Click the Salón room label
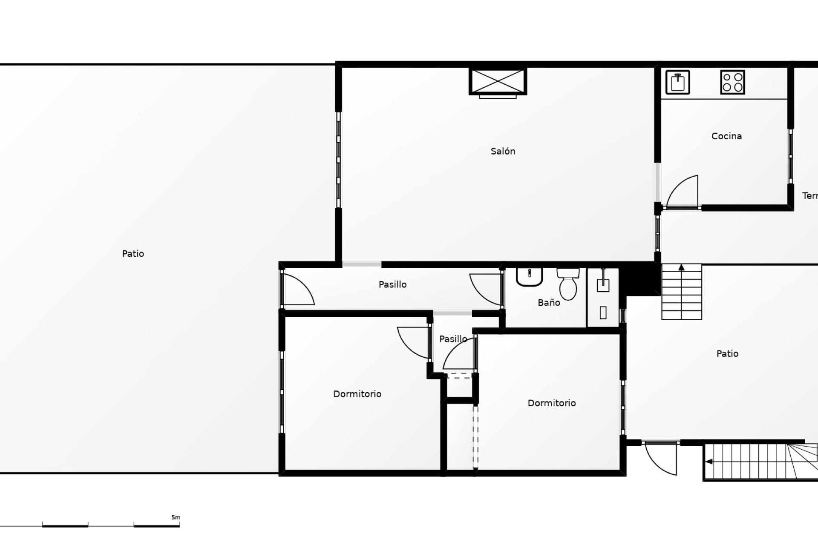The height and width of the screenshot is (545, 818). [x=503, y=151]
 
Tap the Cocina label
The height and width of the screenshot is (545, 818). [x=726, y=136]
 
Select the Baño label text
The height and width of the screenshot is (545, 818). [x=549, y=302]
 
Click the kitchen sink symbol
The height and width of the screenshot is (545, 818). [x=677, y=82]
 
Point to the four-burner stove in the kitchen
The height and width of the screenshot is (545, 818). [x=732, y=82]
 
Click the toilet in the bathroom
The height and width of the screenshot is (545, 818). [x=568, y=284]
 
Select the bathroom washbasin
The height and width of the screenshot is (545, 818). [x=529, y=277]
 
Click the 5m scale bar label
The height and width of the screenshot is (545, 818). [x=176, y=518]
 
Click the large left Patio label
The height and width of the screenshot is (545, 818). [x=133, y=254]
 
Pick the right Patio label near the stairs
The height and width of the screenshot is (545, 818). [x=727, y=353]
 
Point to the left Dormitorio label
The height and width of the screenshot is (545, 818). [x=357, y=394]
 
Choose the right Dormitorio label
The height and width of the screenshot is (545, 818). [x=551, y=403]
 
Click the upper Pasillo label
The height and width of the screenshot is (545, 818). [x=392, y=284]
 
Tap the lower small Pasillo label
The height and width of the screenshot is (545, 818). [x=453, y=339]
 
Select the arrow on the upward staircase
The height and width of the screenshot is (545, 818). [x=681, y=267]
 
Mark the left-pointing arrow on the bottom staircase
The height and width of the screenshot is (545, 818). [x=709, y=462]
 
